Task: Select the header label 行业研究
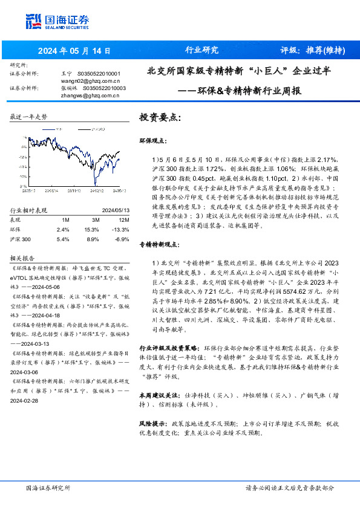tap(201, 51)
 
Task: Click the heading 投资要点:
tap(160, 117)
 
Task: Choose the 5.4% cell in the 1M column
tap(63, 240)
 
